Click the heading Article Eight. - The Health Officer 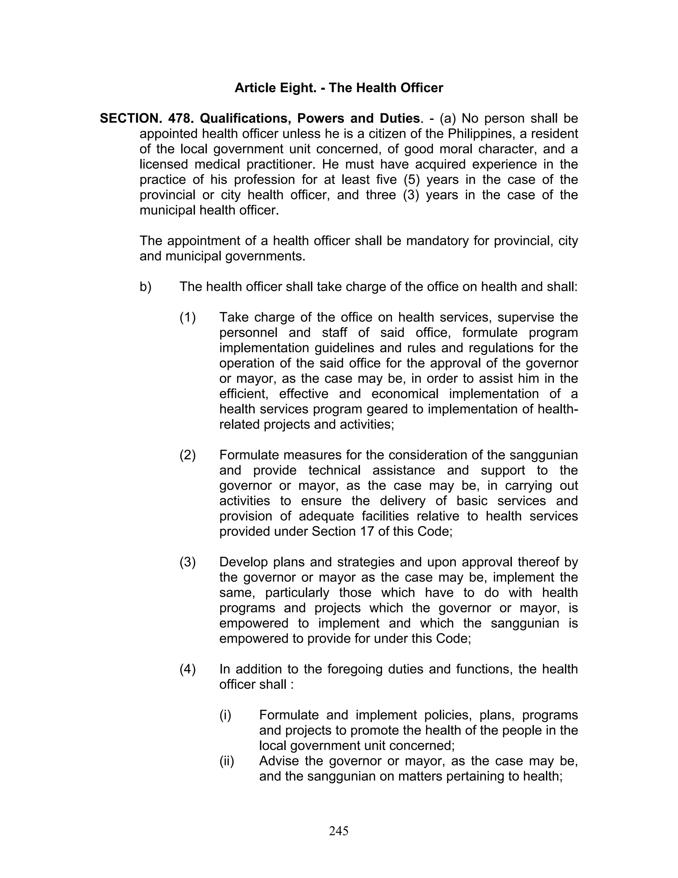click(x=339, y=88)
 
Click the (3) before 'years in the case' click(x=411, y=195)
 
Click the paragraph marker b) click(x=145, y=287)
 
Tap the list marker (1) click(x=188, y=318)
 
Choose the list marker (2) click(x=188, y=455)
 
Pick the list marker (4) click(x=188, y=669)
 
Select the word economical click(x=405, y=394)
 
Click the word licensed click(x=163, y=164)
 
